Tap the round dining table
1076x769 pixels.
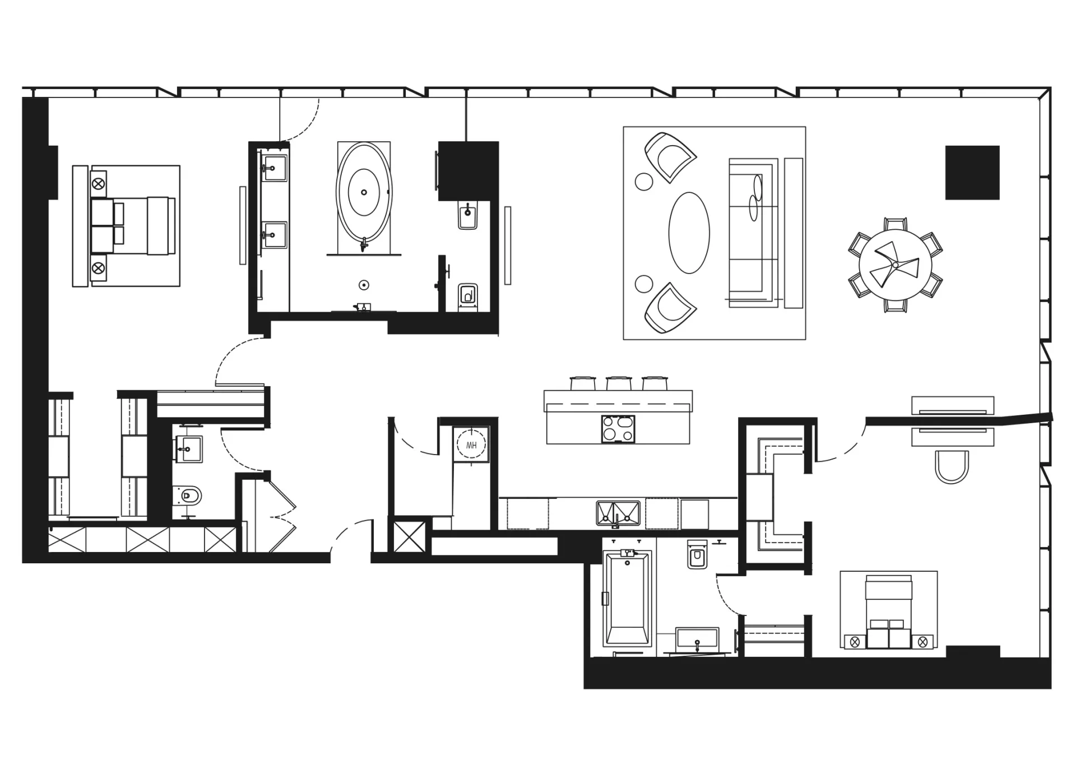[895, 265]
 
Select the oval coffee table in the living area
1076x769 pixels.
[689, 233]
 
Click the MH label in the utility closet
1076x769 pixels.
[471, 446]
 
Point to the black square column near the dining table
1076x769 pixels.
[972, 173]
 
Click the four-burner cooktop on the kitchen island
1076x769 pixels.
[618, 429]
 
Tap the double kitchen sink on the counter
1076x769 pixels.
[618, 514]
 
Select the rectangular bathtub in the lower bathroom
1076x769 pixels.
[628, 598]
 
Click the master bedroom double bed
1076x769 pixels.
[133, 225]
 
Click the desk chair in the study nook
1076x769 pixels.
[952, 466]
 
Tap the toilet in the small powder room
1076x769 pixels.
[188, 495]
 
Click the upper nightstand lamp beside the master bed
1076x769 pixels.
[99, 183]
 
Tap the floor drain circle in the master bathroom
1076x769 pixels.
[364, 285]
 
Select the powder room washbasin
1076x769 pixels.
[188, 449]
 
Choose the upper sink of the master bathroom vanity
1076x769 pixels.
[275, 168]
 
